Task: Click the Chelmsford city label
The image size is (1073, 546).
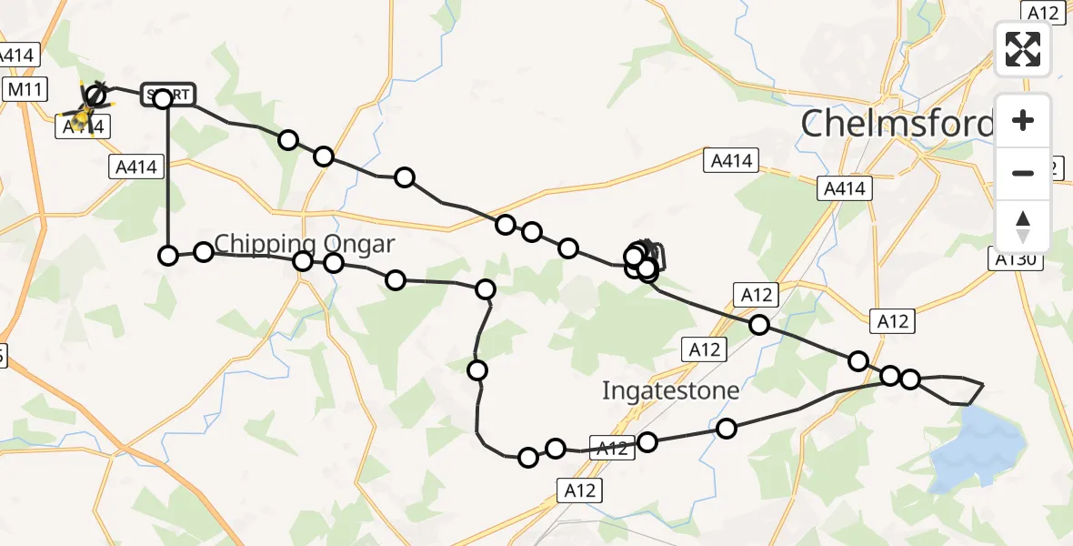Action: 896,126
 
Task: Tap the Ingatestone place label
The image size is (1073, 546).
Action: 671,391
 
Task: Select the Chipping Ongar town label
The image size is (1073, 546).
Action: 305,244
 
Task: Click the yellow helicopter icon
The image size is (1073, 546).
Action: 83,116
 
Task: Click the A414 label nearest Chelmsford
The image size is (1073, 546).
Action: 845,188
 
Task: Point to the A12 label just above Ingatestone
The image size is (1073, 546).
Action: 704,349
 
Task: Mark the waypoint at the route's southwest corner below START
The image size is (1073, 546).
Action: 168,256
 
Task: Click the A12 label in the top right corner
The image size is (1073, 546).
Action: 1041,12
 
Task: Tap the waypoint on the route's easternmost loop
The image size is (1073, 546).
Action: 909,379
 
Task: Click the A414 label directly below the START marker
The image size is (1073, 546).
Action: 136,167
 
